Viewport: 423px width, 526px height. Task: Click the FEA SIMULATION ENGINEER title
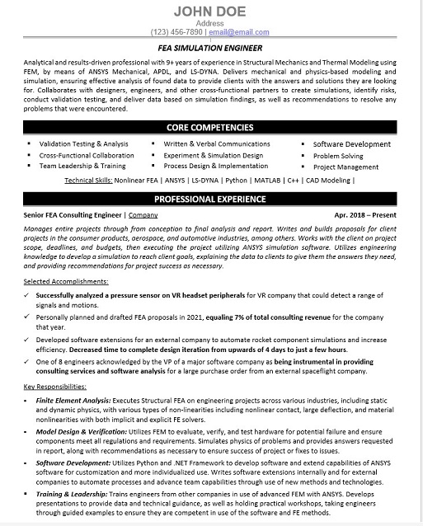[211, 48]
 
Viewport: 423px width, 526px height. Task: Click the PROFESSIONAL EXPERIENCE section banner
[211, 199]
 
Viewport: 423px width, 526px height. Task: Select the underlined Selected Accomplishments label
[64, 281]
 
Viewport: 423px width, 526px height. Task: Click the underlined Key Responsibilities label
[54, 386]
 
